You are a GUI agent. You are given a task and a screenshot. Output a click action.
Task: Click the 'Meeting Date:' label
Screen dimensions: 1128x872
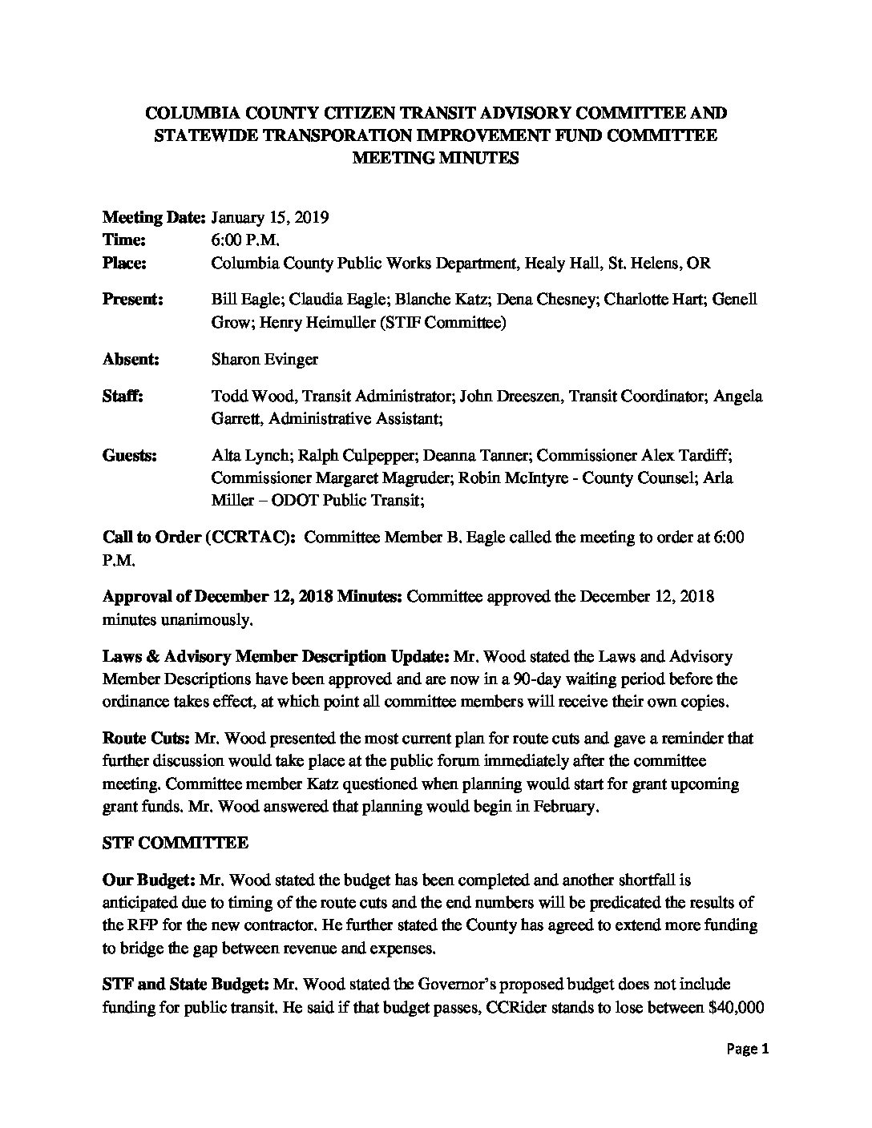(x=155, y=217)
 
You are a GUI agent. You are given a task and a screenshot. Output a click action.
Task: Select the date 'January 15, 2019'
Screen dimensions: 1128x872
(x=268, y=217)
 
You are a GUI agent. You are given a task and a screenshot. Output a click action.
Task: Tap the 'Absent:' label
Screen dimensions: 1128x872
(x=131, y=359)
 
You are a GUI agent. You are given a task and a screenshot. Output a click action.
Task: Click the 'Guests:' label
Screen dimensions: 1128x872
(x=130, y=456)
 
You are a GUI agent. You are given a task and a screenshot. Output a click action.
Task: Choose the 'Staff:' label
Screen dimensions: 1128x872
(x=123, y=396)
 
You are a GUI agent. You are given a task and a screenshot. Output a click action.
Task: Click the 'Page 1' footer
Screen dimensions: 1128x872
(x=748, y=1049)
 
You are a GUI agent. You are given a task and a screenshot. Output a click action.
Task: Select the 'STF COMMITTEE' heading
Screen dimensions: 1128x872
(x=176, y=843)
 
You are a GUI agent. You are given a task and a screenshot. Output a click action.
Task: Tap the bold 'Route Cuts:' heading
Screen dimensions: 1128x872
(x=147, y=738)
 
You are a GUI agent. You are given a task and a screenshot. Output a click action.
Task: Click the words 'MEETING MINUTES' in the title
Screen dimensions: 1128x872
(x=436, y=158)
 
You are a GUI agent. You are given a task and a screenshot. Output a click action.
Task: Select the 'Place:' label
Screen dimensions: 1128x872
(x=125, y=263)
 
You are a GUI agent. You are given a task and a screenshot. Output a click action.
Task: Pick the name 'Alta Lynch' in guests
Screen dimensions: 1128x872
(x=250, y=456)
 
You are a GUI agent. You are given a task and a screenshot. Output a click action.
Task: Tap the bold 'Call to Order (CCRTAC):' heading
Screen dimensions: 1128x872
(x=199, y=538)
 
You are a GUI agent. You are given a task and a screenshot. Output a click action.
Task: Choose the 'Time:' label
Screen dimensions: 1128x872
(x=123, y=240)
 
